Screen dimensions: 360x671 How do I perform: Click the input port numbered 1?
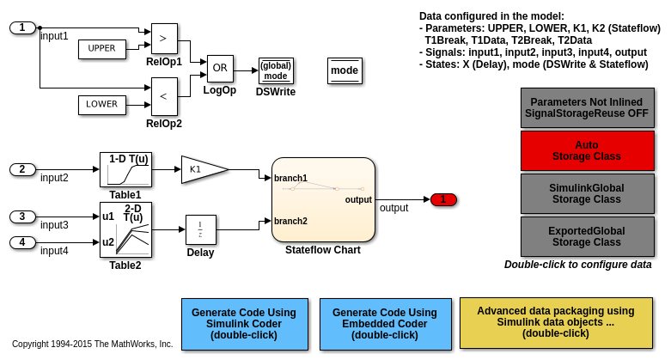click(22, 27)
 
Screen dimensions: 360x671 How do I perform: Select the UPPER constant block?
click(101, 49)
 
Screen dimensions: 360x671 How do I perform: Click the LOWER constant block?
click(101, 105)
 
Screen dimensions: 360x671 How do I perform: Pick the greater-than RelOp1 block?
click(163, 40)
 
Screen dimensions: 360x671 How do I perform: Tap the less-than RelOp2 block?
click(163, 96)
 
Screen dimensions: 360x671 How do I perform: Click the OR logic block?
click(219, 69)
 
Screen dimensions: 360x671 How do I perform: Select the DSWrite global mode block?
click(276, 70)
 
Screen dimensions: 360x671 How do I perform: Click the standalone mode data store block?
click(345, 70)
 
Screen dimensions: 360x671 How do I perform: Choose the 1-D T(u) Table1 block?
click(125, 170)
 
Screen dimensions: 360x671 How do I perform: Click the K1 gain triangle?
click(201, 170)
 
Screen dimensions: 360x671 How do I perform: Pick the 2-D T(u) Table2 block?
click(125, 229)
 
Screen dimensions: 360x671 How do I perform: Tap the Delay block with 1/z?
click(200, 229)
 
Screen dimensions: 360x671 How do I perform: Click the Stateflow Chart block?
click(323, 199)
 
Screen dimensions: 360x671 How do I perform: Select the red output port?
click(443, 199)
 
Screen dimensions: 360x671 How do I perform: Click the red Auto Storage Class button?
click(587, 150)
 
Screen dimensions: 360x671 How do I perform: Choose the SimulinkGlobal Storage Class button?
click(587, 193)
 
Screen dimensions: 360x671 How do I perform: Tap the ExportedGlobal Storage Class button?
click(587, 236)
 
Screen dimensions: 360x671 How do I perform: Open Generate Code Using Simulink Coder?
click(244, 324)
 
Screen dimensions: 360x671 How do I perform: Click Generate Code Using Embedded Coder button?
click(385, 324)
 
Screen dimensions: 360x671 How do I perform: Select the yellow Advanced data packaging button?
click(555, 322)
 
